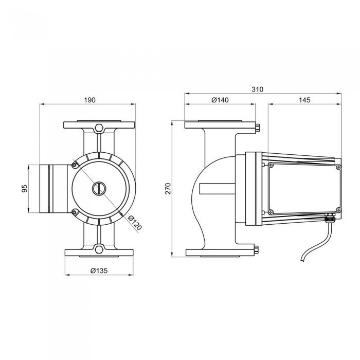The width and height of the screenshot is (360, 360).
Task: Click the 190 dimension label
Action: point(89,100)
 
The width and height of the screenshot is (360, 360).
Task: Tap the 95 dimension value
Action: point(25,188)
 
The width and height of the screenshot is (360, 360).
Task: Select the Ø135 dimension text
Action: point(99,271)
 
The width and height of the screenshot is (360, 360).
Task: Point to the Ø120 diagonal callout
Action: point(135,223)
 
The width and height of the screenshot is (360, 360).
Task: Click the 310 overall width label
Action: point(257,89)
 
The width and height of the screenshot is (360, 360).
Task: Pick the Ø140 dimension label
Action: point(220,100)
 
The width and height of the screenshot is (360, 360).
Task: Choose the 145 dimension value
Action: point(304,100)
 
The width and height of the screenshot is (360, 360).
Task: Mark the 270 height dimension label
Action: point(168,189)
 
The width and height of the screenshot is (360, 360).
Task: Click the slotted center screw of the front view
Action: point(99,189)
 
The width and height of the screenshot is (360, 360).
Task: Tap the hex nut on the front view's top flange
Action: point(99,128)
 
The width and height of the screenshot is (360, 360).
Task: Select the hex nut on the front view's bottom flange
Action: point(99,249)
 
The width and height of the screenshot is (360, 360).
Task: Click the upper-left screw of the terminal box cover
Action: point(271,165)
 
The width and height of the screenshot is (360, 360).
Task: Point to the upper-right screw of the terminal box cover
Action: point(338,167)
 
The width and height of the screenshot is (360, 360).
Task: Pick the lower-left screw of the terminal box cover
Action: point(271,212)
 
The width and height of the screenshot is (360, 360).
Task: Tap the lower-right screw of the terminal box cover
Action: point(338,210)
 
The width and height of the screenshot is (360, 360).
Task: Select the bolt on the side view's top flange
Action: point(257,128)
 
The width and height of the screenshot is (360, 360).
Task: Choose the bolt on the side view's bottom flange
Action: point(257,250)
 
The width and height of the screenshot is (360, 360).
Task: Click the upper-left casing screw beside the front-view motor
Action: point(74,165)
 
